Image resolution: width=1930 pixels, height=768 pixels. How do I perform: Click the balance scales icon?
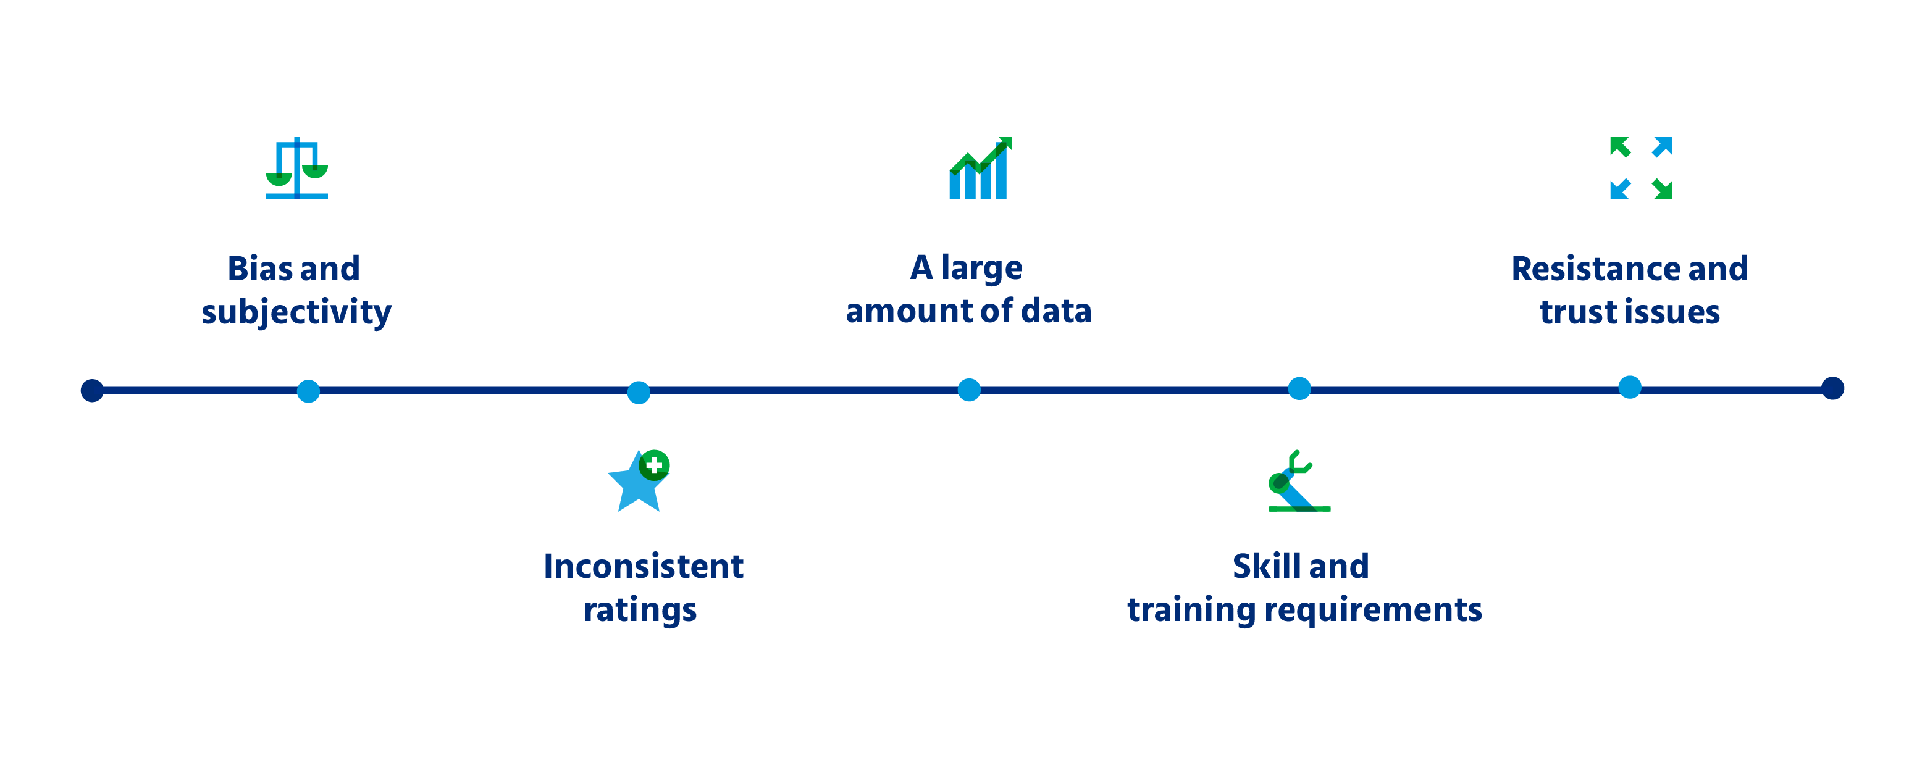pos(296,168)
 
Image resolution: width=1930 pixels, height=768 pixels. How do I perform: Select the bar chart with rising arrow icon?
pos(980,168)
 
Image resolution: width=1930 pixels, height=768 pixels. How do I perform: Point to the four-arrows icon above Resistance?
pos(1641,168)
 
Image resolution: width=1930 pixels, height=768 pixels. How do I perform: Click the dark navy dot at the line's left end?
pos(92,390)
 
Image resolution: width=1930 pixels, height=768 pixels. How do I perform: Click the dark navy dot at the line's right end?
pos(1832,388)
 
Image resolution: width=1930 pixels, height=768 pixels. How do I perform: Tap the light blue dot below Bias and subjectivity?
pos(308,391)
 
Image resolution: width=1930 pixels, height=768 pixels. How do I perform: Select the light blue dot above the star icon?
pos(639,392)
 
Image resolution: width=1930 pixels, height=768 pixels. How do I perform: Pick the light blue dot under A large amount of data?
pos(969,390)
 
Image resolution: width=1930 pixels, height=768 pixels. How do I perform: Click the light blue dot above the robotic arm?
pos(1299,388)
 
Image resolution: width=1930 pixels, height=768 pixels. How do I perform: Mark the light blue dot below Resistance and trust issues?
pos(1630,386)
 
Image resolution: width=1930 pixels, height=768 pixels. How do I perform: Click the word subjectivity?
pos(296,312)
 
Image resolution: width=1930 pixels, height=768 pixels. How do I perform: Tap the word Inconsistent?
pos(644,567)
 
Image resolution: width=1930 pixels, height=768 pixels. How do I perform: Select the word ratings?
pos(640,611)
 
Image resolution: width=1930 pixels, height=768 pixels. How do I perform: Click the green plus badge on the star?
pos(654,465)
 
